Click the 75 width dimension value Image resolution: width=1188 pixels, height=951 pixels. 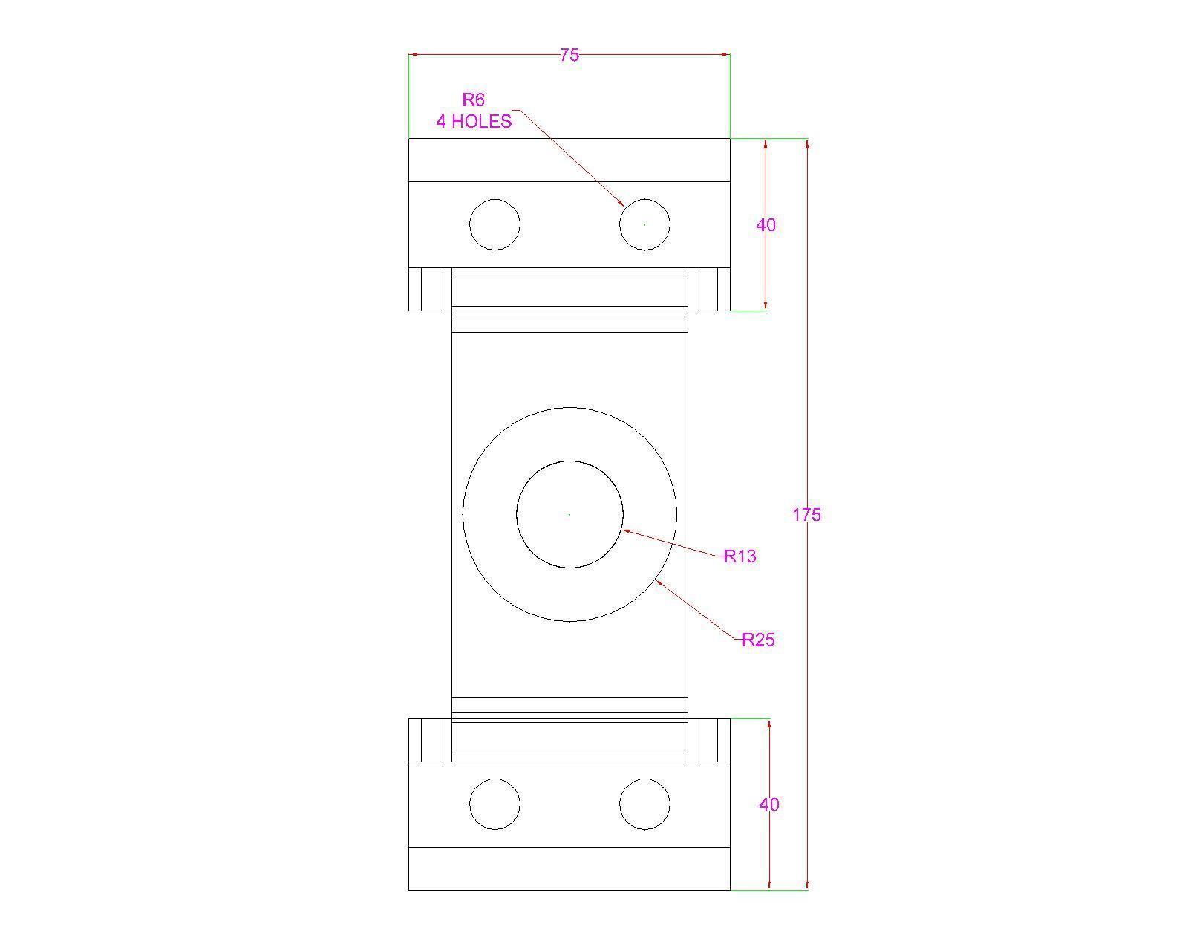point(569,55)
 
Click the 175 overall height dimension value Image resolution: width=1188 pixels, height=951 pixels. point(806,514)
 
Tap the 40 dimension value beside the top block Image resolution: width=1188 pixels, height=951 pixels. point(766,224)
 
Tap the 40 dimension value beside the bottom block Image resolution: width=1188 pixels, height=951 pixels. point(769,804)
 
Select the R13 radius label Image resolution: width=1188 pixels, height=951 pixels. point(740,556)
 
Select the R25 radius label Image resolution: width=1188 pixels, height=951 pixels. point(759,640)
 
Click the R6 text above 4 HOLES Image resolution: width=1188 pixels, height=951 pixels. point(474,100)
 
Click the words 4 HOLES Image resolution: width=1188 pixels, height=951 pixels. point(474,121)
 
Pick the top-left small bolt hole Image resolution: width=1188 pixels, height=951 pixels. point(495,224)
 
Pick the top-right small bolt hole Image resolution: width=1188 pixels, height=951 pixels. point(644,224)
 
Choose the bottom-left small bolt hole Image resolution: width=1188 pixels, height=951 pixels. point(495,804)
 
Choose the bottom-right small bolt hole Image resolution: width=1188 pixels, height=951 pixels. point(644,804)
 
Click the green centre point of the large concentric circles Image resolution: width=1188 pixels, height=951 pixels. point(569,514)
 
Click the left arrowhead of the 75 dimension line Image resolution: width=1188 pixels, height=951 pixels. point(414,54)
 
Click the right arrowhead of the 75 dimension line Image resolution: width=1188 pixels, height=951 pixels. point(725,54)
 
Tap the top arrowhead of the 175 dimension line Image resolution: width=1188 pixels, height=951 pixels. point(807,143)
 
